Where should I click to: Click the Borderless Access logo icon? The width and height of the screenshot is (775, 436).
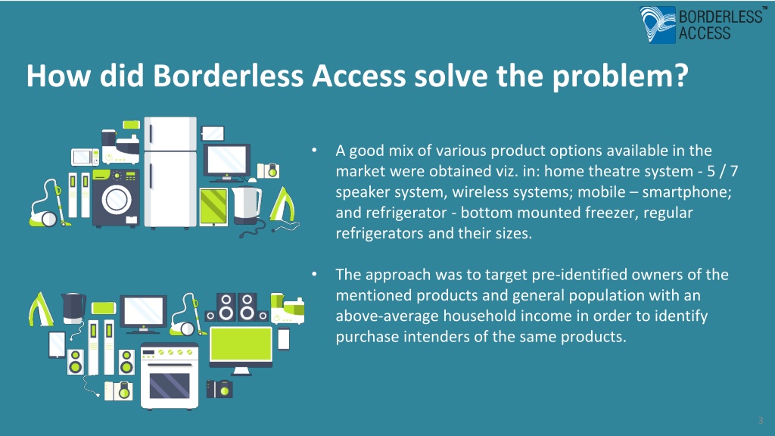pos(658,24)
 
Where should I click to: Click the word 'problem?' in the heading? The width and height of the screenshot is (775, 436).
pos(620,76)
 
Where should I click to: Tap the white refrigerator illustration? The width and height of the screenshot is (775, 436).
pos(170,173)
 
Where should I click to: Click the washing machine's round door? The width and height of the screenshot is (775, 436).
pos(116,199)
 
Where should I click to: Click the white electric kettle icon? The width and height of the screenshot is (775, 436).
pos(247,203)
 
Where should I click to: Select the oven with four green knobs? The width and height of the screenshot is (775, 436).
pos(170,376)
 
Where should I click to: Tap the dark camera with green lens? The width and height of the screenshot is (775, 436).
pos(219,389)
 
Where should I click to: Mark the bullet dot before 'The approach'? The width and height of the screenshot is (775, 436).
pos(314,274)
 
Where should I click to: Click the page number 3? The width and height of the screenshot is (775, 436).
pos(761,421)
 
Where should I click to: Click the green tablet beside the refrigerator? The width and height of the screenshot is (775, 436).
pos(213,207)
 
